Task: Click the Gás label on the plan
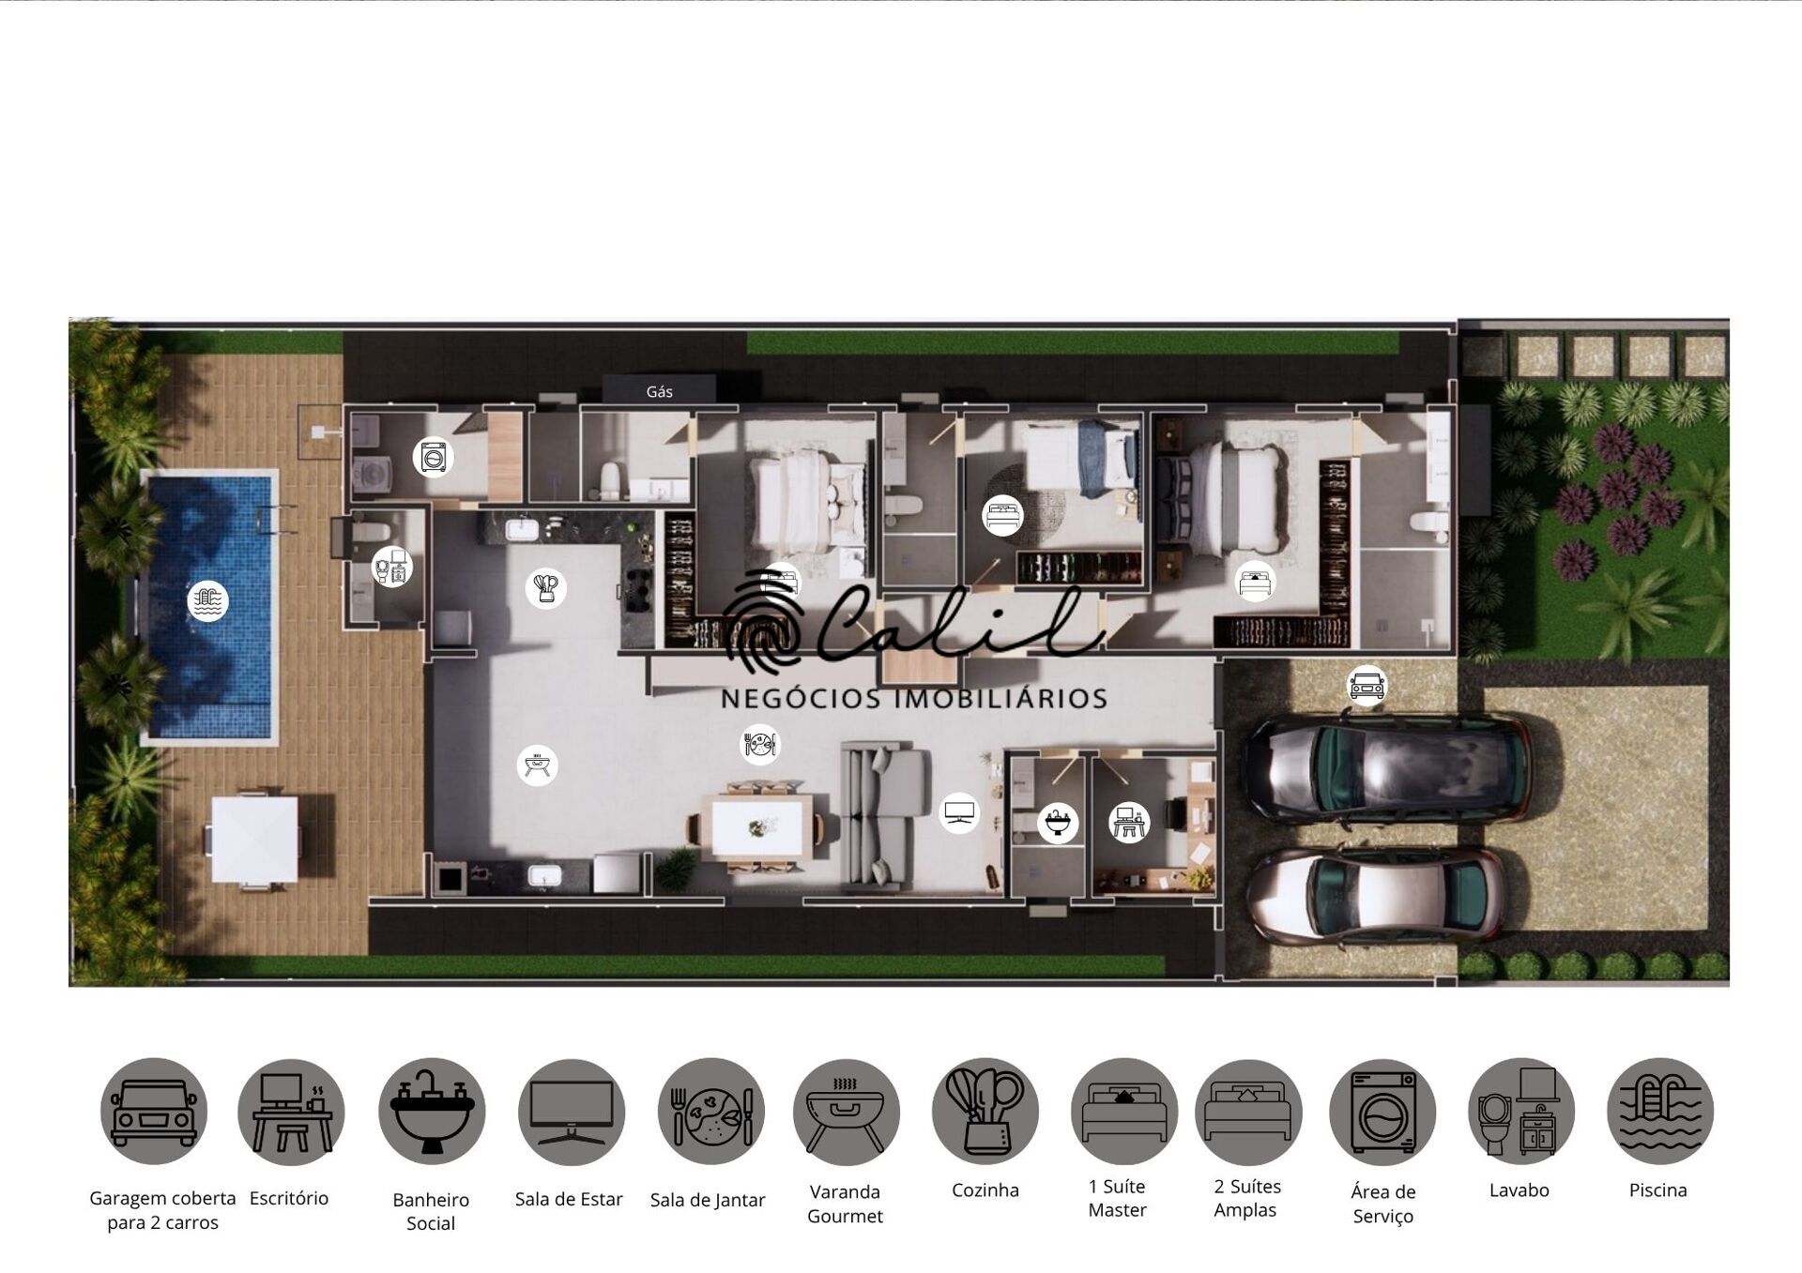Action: coord(659,391)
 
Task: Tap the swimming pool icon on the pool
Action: coord(207,600)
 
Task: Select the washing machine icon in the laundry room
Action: coord(433,457)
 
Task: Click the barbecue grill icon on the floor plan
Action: coord(537,765)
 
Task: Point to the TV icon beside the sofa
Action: coord(959,812)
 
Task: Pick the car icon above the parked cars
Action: coord(1367,684)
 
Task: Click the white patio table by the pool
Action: coord(254,840)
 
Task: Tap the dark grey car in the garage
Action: coord(1385,768)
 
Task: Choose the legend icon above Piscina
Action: coord(1659,1112)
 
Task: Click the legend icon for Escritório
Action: coord(291,1113)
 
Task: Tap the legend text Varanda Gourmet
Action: coord(845,1204)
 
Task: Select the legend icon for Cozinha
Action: coord(985,1112)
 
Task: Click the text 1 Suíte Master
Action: coord(1117,1198)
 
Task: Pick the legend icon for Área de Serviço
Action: coord(1382,1113)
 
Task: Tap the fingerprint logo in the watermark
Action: coord(762,624)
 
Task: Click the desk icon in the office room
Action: coord(1128,823)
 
